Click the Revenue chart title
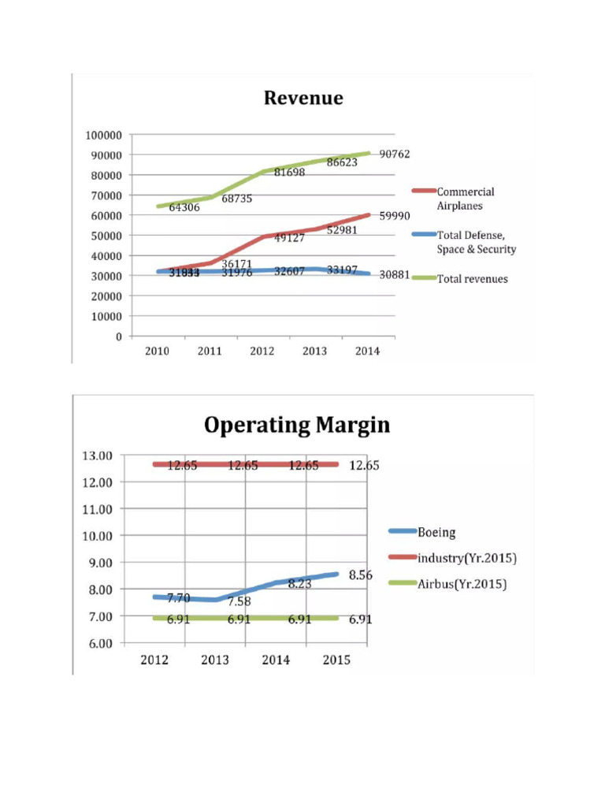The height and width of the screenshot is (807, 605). click(303, 98)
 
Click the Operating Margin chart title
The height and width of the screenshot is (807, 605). click(297, 426)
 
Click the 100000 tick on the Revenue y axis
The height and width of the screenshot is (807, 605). click(103, 135)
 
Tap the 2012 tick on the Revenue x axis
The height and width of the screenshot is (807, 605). click(262, 351)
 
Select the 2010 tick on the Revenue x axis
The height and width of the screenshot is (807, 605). click(157, 351)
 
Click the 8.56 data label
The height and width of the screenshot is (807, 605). click(361, 575)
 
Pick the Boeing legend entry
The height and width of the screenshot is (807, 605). click(436, 533)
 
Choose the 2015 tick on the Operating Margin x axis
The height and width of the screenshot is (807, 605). click(336, 660)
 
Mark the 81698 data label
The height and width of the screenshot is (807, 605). click(289, 172)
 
